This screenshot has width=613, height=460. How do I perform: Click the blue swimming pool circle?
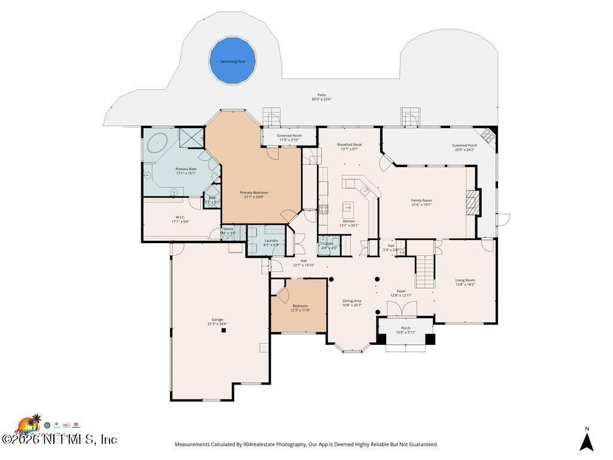(232, 60)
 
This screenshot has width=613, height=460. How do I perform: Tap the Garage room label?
(217, 319)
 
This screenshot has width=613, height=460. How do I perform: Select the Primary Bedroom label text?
(254, 192)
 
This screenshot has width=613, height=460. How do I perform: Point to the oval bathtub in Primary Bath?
(157, 143)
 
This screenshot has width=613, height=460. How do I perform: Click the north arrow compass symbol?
(587, 442)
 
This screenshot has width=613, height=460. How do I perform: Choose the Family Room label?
(421, 201)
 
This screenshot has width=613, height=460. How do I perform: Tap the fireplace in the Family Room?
(473, 202)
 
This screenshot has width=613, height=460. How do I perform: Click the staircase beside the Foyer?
(424, 270)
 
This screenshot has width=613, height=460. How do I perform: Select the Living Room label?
(465, 280)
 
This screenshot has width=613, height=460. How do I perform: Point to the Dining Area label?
(351, 301)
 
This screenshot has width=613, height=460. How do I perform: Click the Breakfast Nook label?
(349, 144)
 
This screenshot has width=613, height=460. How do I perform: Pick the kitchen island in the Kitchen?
(347, 209)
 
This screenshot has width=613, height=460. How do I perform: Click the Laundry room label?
(271, 240)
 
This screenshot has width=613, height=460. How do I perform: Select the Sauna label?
(228, 229)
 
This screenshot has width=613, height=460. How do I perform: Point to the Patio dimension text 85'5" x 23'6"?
(321, 99)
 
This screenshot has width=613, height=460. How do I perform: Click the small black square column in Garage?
(224, 330)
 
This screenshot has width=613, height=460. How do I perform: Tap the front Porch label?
(405, 328)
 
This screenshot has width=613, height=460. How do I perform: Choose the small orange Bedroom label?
(300, 305)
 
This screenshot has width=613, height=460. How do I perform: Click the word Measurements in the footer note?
(192, 444)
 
